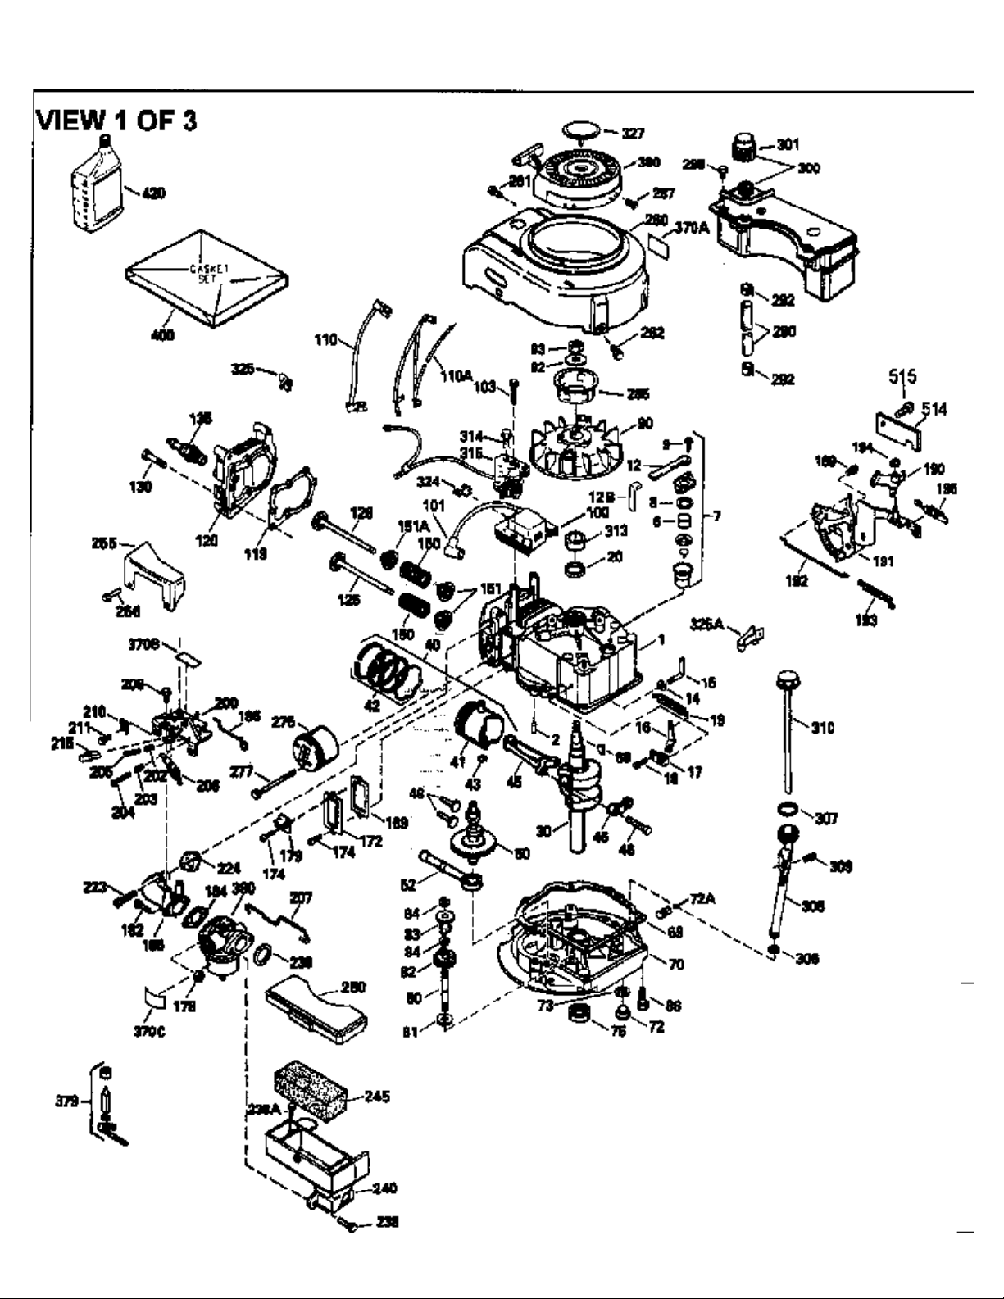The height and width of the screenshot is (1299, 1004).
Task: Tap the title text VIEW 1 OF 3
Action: pos(116,121)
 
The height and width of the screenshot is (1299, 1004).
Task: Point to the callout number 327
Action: pos(633,134)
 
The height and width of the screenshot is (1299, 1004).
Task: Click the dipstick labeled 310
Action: pos(785,721)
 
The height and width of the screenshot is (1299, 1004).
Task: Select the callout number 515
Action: pos(902,377)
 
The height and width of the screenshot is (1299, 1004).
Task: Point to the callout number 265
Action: pos(107,542)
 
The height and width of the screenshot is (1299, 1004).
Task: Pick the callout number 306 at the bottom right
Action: pos(807,959)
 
